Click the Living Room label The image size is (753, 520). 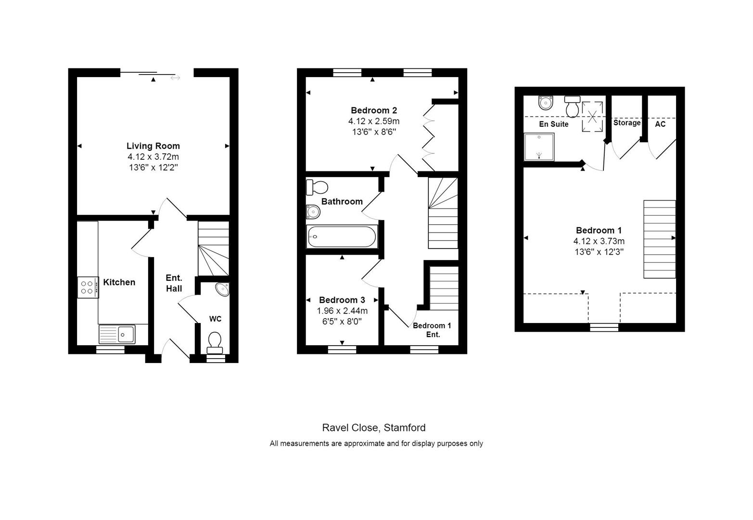click(153, 146)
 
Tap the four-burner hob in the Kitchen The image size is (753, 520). click(88, 287)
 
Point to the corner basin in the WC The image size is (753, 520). click(222, 289)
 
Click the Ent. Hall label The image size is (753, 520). click(174, 283)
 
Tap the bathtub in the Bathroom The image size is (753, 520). click(342, 237)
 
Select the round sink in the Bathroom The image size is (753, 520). click(313, 211)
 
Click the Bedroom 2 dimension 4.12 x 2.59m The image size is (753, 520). click(374, 121)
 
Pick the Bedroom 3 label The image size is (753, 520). click(342, 300)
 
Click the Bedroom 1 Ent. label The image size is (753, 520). click(432, 330)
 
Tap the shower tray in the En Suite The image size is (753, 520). click(539, 146)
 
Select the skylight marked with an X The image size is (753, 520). click(592, 116)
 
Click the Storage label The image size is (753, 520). click(626, 123)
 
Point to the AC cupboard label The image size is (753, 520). click(660, 124)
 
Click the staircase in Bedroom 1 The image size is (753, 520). click(659, 239)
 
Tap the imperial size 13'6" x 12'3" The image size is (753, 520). click(599, 252)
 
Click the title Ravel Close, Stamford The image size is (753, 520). click(373, 428)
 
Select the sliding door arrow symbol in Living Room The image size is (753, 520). click(175, 78)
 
